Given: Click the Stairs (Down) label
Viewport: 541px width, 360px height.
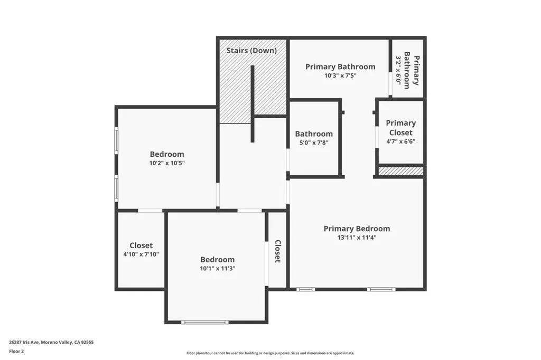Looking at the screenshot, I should click(251, 51).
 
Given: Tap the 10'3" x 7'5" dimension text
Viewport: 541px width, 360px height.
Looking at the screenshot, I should click(340, 75).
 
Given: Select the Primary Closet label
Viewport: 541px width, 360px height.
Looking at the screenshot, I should click(400, 128).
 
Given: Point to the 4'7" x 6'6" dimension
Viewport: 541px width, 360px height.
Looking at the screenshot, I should click(400, 142).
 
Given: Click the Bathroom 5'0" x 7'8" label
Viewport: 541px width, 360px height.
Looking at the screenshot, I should click(314, 134).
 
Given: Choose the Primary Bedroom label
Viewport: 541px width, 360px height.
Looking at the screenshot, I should click(357, 229).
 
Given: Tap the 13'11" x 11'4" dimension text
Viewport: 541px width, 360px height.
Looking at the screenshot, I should click(357, 238).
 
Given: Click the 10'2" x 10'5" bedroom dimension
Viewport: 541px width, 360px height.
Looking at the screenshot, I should click(167, 163).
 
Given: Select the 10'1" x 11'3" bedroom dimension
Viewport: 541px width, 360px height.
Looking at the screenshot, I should click(217, 268).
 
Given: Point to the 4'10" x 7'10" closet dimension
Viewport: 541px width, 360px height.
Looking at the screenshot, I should click(141, 254).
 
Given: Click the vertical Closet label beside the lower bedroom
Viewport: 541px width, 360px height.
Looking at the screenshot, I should click(277, 251).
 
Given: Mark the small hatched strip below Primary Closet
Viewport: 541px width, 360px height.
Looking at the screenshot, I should click(401, 171).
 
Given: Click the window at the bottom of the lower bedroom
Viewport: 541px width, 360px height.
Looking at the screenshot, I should click(205, 322).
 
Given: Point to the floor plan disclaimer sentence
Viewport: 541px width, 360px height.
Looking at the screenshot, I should click(270, 353).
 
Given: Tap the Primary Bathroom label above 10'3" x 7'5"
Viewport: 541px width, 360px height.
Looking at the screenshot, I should click(340, 67).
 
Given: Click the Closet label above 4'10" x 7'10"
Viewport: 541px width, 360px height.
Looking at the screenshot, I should click(141, 245).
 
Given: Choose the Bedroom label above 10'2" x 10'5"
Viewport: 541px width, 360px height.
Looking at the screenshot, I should click(167, 154).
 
